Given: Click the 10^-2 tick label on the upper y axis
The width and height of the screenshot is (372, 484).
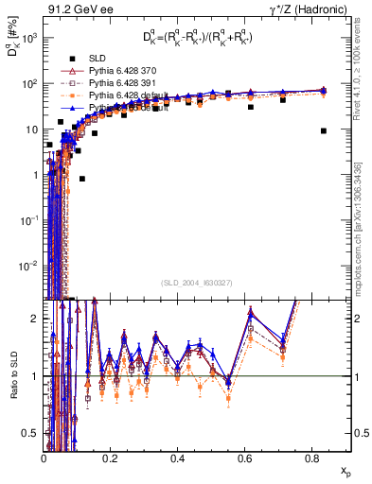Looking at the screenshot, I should pos(28,265).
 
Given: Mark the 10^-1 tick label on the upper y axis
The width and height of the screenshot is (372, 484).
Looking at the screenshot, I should pos(28,219).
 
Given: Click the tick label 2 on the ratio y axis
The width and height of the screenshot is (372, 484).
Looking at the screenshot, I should pos(33,319).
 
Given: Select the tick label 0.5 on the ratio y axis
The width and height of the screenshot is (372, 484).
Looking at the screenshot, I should pos(30,434).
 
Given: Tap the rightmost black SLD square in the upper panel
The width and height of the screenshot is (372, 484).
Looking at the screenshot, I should pos(324,131).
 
